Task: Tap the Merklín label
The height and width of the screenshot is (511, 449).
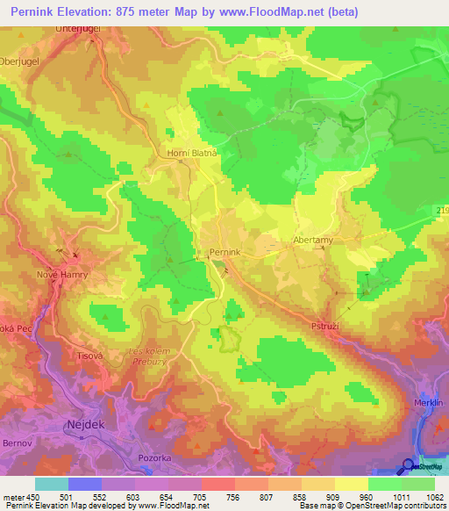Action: coord(429,402)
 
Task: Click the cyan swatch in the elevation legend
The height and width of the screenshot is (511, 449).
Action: coord(51,484)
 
